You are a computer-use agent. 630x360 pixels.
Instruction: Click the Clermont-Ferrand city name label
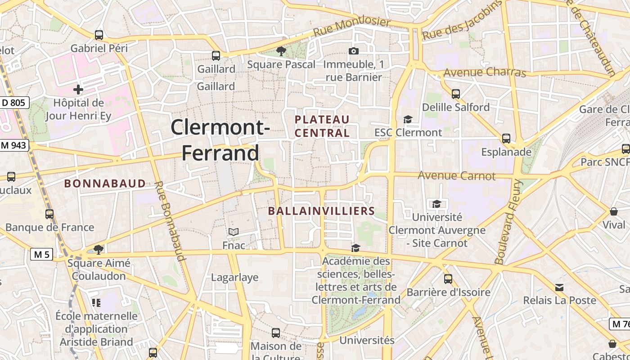coord(220,139)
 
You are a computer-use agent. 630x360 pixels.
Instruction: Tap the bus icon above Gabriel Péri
coord(99,35)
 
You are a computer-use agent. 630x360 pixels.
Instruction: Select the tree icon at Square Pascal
coord(281,51)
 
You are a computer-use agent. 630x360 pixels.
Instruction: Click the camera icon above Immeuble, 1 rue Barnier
coord(354,51)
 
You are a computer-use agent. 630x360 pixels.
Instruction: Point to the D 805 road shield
coord(14,103)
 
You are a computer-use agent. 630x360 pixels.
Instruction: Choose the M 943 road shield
coord(14,145)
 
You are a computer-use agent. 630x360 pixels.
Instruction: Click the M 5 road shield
coord(42,255)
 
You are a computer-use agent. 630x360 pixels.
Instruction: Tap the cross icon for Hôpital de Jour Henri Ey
coord(78,89)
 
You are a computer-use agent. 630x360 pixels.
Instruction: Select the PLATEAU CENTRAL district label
coord(322,126)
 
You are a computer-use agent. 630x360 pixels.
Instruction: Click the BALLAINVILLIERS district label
coord(321,211)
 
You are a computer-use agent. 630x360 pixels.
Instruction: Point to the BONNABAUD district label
coord(105,184)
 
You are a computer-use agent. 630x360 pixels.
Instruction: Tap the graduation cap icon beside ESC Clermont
coord(408,119)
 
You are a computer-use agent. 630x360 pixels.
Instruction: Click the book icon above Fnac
coord(234,232)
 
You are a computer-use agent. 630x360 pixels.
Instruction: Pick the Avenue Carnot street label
coord(456,175)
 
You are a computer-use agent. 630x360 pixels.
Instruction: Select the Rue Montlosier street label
coord(352,27)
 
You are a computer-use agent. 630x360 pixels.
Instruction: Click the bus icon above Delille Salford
coord(456,94)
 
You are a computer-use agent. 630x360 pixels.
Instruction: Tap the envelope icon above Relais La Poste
coord(559,287)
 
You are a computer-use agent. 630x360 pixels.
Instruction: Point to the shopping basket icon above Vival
coord(613,211)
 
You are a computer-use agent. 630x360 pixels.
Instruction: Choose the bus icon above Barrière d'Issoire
coord(448,279)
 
